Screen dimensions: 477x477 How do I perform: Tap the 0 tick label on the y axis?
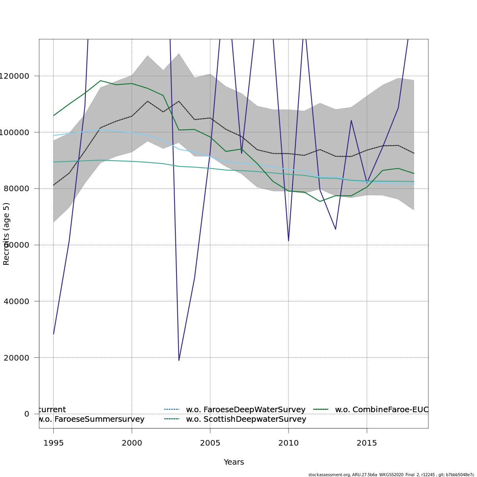click(x=27, y=414)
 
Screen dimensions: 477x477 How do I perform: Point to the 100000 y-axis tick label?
click(x=14, y=132)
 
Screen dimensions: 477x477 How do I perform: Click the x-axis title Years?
click(x=234, y=462)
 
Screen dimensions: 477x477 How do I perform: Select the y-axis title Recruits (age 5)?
click(x=6, y=234)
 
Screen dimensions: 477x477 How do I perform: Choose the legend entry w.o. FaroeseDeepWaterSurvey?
click(x=246, y=410)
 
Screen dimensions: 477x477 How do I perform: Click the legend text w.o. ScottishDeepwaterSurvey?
click(x=246, y=419)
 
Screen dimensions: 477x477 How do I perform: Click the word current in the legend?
click(x=52, y=410)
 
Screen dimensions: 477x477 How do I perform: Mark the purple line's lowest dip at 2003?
click(x=179, y=360)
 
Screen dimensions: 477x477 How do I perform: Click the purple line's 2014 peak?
click(x=351, y=120)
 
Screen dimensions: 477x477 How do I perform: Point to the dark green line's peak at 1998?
click(x=101, y=81)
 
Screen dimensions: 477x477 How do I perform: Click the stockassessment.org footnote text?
click(x=391, y=475)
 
